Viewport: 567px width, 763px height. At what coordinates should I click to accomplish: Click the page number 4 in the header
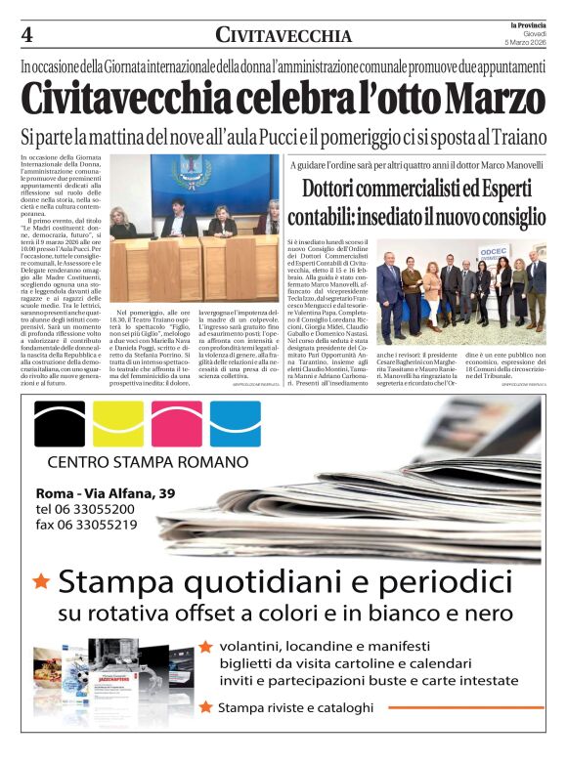coord(26,35)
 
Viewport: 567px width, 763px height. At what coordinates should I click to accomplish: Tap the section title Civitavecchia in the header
coord(283,36)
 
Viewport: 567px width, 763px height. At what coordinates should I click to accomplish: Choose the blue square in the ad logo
coord(236,423)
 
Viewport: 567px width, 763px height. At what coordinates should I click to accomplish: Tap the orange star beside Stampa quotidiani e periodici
coord(41,582)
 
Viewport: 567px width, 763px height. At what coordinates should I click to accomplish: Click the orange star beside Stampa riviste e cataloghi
coord(205,707)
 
